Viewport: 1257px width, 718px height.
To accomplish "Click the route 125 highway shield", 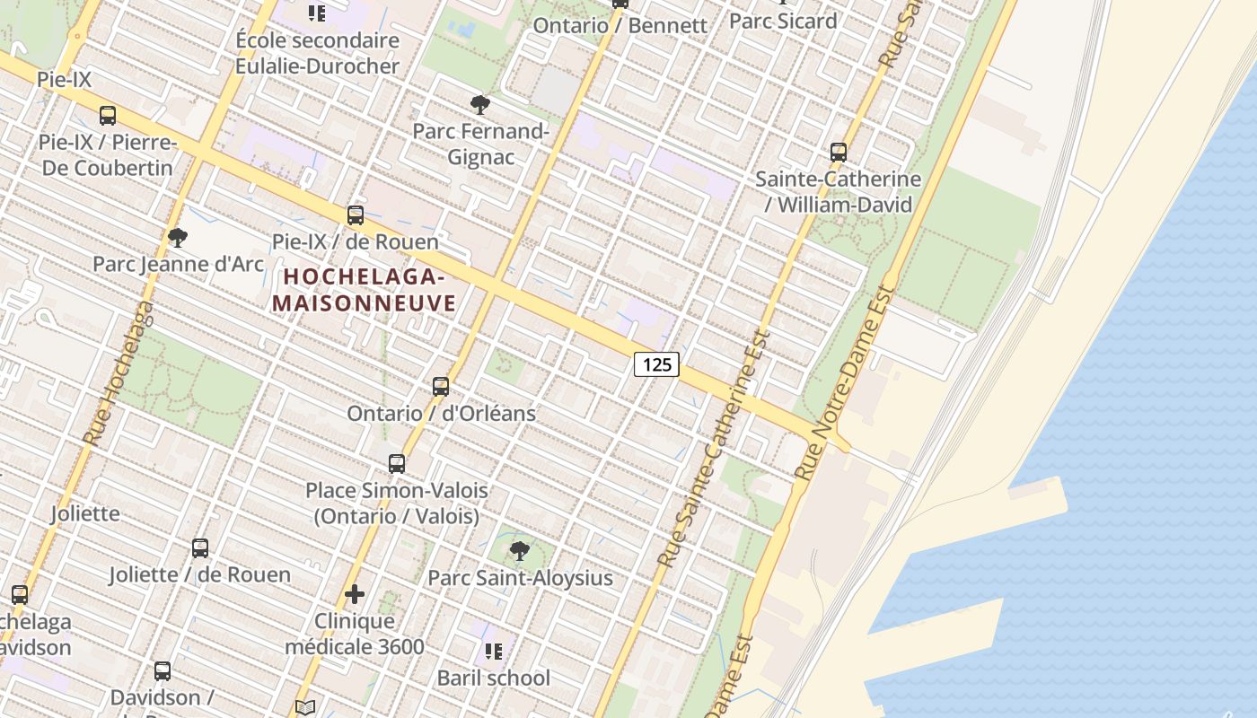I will coord(656,364).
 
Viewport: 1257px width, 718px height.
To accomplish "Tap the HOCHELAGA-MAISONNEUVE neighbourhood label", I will coord(365,290).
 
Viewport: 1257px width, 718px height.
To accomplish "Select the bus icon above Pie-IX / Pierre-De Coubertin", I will coord(108,116).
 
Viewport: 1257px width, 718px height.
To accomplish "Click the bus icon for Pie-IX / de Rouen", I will coord(356,215).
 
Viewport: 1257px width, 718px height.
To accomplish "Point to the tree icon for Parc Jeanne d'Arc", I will coord(178,238).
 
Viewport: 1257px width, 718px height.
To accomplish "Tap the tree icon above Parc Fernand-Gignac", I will coord(480,105).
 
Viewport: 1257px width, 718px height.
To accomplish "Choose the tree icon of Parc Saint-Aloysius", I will coord(519,551).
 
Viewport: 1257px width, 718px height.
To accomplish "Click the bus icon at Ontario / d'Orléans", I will coord(441,387).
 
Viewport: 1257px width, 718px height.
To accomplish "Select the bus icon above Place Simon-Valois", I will coord(397,464).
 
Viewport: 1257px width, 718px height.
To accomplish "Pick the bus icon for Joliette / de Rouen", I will coord(200,548).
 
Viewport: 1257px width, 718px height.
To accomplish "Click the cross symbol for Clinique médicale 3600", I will coord(355,594).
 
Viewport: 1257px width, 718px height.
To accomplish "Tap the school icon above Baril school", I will coord(493,652).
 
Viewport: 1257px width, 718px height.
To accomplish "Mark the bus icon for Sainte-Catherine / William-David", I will coord(839,153).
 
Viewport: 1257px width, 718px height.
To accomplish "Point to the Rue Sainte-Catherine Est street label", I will coord(716,449).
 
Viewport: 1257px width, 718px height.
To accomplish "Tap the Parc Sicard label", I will coord(783,21).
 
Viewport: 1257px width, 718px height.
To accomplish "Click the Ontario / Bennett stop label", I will coord(620,25).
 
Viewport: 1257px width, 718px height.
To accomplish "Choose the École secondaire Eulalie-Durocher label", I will coord(317,54).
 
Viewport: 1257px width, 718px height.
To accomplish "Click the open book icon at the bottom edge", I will coord(305,708).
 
